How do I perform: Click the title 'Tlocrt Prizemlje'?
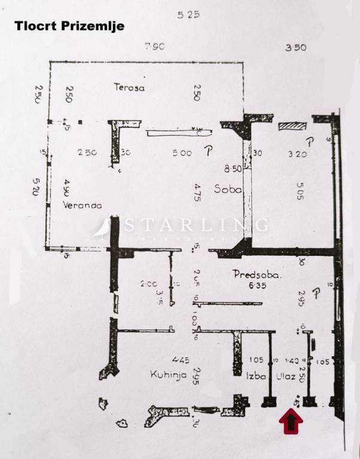point(69,26)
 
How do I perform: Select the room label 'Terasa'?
point(130,87)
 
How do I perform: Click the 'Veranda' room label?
point(81,205)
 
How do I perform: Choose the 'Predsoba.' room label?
point(257,276)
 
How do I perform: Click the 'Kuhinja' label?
point(167,375)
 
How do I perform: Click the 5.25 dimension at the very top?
point(188,16)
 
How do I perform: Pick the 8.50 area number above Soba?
point(233,169)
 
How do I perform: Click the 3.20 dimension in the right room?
point(297,153)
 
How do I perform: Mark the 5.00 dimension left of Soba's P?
point(182,153)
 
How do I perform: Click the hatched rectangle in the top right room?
point(292,126)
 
